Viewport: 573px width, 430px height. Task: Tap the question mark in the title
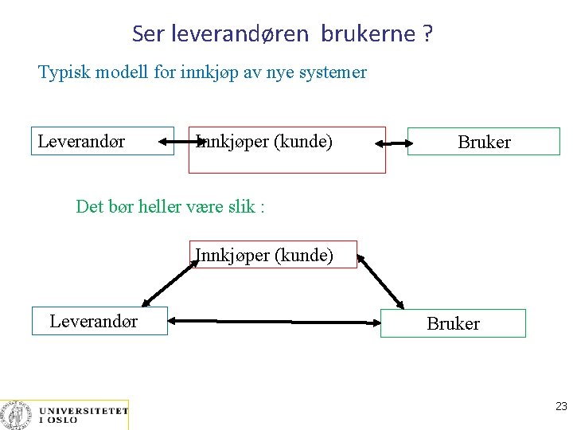pyautogui.click(x=428, y=34)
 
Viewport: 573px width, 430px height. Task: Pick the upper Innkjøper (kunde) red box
pyautogui.click(x=286, y=150)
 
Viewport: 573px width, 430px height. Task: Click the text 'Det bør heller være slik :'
pyautogui.click(x=170, y=207)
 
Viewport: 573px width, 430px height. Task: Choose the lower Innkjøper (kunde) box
pyautogui.click(x=273, y=255)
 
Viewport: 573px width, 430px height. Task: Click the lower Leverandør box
pyautogui.click(x=99, y=321)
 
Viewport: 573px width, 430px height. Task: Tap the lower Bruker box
pyautogui.click(x=453, y=323)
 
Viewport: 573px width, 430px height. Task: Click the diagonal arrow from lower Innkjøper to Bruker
pyautogui.click(x=381, y=281)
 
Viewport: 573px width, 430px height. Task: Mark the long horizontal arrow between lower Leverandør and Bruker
pyautogui.click(x=275, y=322)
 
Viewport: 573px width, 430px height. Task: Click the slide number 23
pyautogui.click(x=561, y=406)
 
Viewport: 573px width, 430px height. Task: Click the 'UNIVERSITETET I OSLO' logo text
pyautogui.click(x=83, y=415)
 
